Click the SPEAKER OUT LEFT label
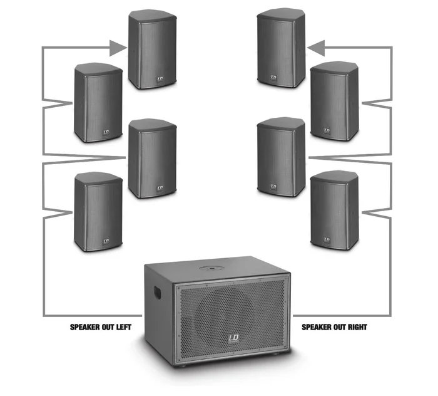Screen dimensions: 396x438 100,327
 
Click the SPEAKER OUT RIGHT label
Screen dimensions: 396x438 335,327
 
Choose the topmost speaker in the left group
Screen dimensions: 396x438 153,49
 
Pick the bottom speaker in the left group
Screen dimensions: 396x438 98,212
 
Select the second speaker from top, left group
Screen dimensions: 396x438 98,102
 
